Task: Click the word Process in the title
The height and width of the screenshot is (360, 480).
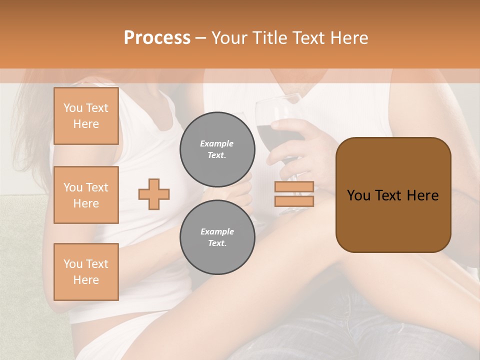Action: [157, 38]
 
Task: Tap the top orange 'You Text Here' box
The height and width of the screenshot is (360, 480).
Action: [86, 116]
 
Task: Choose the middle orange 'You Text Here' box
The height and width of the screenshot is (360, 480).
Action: [86, 195]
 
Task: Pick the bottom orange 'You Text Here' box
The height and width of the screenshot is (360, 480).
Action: [86, 271]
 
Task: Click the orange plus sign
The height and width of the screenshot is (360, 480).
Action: [154, 194]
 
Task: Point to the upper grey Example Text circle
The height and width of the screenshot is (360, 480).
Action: [217, 149]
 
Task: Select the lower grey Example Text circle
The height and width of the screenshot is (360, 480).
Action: [217, 237]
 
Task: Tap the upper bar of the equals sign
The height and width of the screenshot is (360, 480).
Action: [294, 187]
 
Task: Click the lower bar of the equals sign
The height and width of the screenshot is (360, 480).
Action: [294, 201]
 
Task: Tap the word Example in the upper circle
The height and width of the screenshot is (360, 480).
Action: [217, 143]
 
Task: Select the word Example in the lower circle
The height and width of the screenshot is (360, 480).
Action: [217, 231]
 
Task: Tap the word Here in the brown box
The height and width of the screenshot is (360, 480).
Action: [422, 195]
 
